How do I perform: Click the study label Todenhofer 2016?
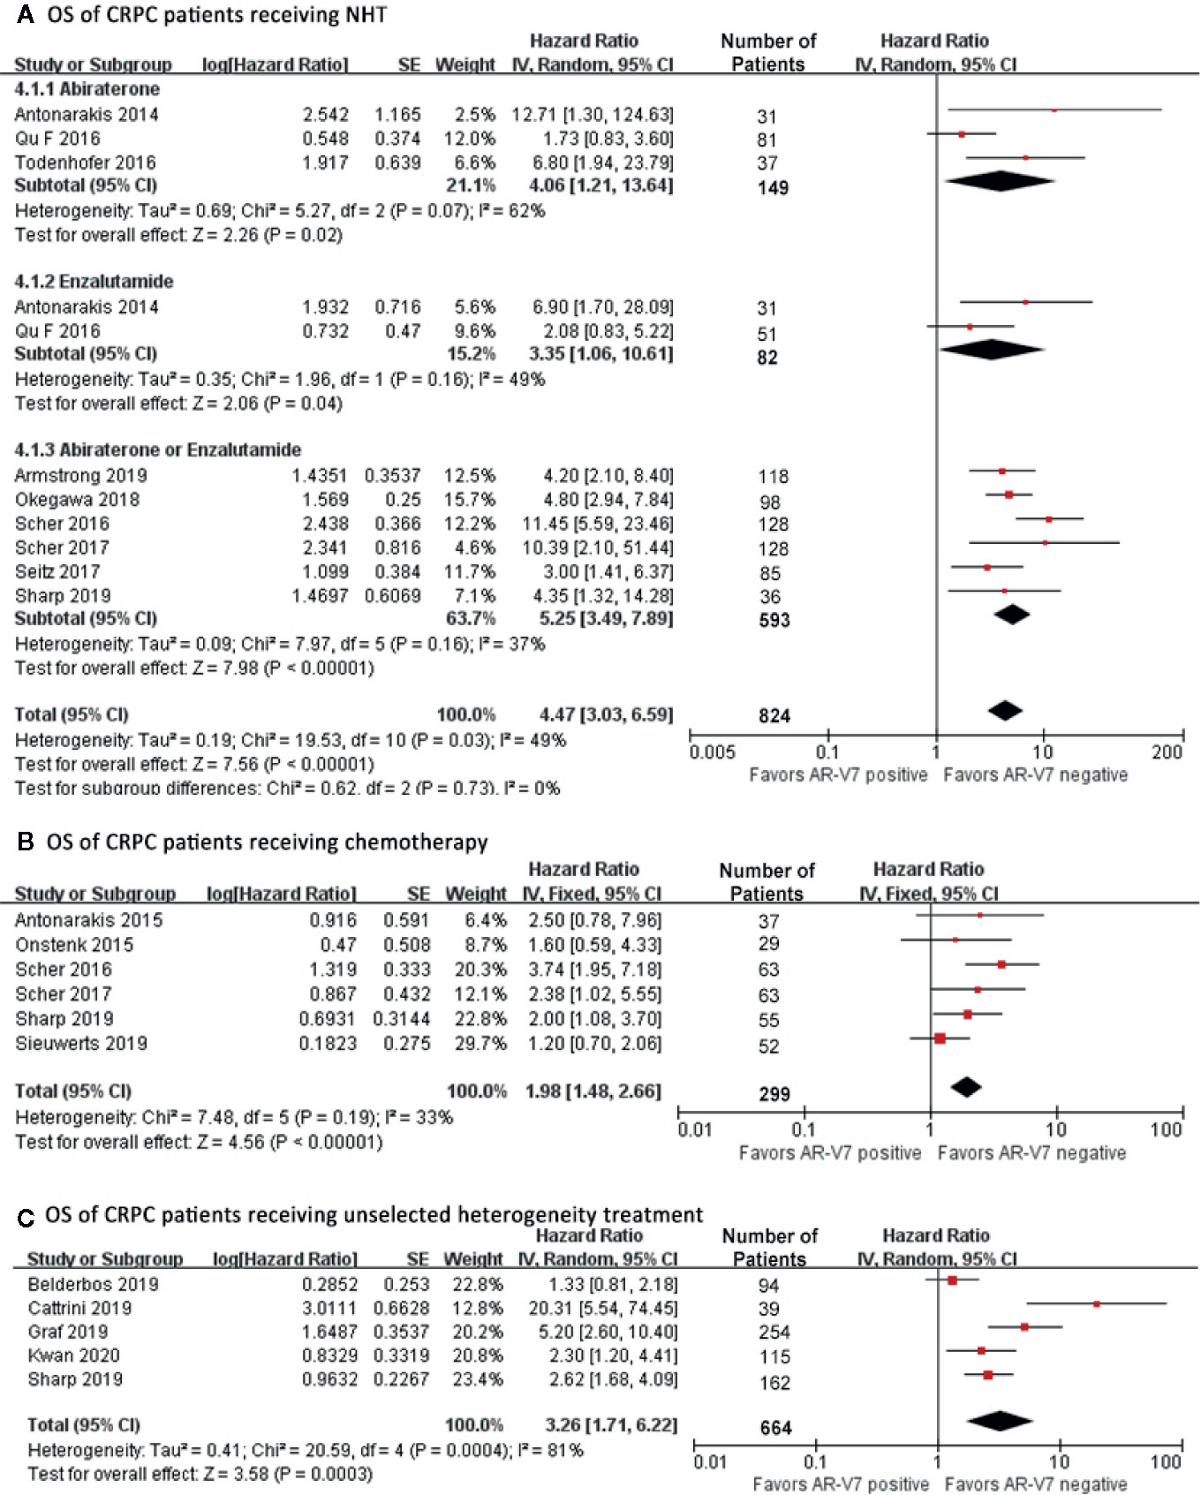(85, 162)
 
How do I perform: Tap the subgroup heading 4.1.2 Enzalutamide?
(94, 282)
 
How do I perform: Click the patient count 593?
(774, 620)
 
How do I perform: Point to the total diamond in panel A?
(1005, 710)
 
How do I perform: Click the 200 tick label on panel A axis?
(1167, 752)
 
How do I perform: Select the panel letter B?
(26, 842)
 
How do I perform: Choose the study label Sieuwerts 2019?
(80, 1044)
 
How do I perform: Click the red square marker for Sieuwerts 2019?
(940, 1038)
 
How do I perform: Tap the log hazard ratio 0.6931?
(328, 1019)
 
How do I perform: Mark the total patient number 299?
(774, 1094)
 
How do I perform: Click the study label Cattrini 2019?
(79, 1309)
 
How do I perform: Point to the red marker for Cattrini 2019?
(1096, 1303)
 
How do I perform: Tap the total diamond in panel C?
(1000, 1421)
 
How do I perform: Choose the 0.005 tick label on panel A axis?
(712, 752)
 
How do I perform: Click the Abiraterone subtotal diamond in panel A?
(999, 181)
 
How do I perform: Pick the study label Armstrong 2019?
(80, 476)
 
